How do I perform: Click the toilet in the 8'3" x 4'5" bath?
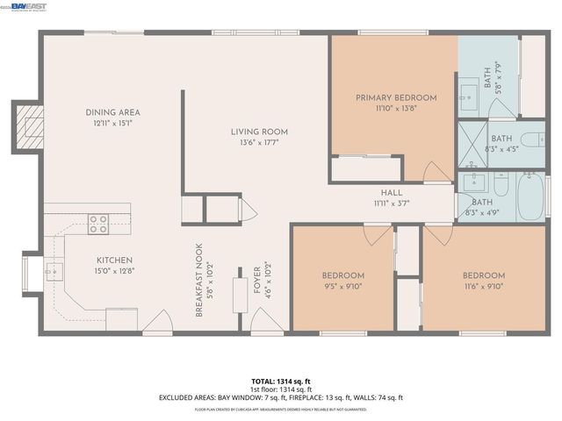[532, 141]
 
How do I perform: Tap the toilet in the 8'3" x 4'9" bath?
[499, 187]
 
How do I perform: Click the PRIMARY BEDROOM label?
[395, 98]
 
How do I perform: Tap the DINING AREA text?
[112, 112]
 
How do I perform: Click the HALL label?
[392, 193]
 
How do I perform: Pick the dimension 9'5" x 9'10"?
[342, 286]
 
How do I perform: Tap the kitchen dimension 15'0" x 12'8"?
[115, 271]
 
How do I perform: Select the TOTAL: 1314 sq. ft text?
[280, 382]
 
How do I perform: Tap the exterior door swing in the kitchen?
[158, 324]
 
